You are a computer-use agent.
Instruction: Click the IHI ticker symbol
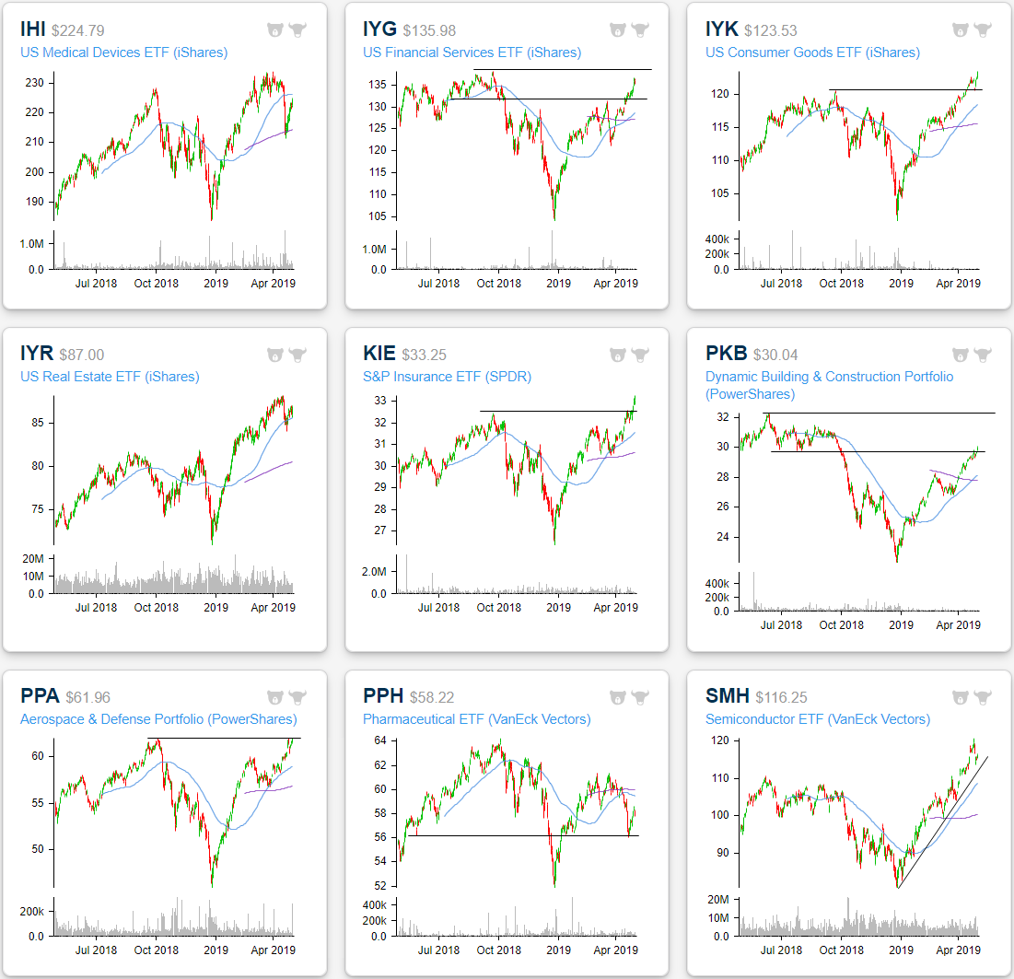point(34,30)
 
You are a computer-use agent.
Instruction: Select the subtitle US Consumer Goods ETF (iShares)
point(812,52)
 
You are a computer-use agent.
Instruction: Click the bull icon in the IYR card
point(297,355)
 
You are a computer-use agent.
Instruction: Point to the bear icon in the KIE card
point(617,355)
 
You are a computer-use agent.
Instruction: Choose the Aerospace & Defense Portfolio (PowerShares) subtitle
point(158,719)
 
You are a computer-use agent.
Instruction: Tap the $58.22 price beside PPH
point(428,698)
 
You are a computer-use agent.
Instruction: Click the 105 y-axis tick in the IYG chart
point(379,216)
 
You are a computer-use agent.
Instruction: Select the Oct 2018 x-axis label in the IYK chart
point(841,284)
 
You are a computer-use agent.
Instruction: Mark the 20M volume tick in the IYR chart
point(36,558)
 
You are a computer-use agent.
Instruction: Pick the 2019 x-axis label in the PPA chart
point(216,950)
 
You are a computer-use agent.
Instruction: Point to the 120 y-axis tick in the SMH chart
point(718,740)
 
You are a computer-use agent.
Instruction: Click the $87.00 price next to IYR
point(82,355)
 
